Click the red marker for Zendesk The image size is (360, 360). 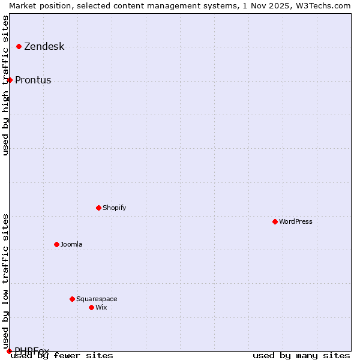coord(19,46)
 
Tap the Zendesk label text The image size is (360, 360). coord(44,47)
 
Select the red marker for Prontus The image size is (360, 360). coord(10,80)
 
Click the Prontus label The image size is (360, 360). coord(33,80)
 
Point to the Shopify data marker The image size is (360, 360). coord(98,208)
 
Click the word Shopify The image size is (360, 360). coord(114,208)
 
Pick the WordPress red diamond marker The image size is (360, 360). coord(275,221)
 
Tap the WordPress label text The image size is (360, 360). coord(295,221)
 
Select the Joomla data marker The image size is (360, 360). coord(56,244)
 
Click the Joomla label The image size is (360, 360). coord(71,244)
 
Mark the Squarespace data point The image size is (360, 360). coord(72,299)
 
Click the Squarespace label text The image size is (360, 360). coord(97,299)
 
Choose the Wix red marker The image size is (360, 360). coord(91,307)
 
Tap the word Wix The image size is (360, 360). coord(101,307)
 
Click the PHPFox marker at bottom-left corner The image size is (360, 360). coord(9,351)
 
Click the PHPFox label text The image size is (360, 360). coord(32,350)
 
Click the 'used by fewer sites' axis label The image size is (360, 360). coord(62,355)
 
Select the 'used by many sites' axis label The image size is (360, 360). coord(301,355)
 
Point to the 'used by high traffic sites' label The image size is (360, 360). coord(5,85)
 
